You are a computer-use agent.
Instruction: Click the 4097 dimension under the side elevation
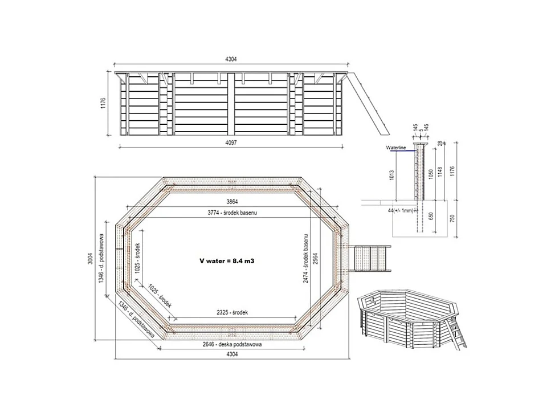click(x=231, y=142)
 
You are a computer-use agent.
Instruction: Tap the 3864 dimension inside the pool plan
click(x=232, y=202)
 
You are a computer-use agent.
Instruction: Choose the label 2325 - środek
click(x=232, y=312)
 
